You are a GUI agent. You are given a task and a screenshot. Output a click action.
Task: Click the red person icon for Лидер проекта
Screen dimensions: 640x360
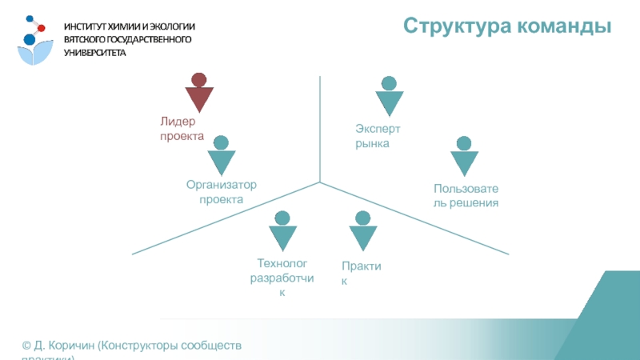click(199, 93)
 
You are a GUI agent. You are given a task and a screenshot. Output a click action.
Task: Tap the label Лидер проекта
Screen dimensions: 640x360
click(182, 129)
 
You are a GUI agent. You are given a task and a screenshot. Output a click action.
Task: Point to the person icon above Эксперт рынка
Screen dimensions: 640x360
click(389, 97)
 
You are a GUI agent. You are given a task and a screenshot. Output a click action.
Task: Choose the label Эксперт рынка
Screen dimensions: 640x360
click(378, 136)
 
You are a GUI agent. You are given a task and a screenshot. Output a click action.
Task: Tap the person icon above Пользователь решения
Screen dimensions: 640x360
click(463, 158)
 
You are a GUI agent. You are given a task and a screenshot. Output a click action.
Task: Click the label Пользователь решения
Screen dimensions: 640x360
click(466, 197)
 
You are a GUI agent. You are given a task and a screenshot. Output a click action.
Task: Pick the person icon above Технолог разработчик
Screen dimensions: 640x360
click(281, 231)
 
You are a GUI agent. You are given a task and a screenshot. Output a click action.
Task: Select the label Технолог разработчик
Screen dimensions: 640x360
click(282, 278)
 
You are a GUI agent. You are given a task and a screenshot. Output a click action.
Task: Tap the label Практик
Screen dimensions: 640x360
click(360, 271)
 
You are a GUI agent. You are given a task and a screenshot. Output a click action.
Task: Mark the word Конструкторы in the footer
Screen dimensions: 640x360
click(142, 346)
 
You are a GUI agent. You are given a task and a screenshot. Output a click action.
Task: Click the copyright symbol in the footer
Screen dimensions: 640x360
click(26, 346)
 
